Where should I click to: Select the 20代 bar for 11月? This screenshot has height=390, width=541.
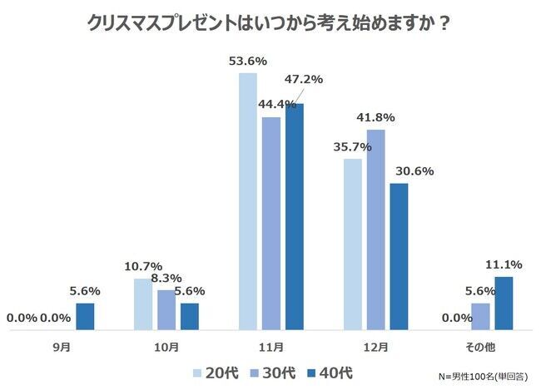pyautogui.click(x=248, y=200)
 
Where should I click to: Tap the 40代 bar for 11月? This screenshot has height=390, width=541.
pyautogui.click(x=294, y=216)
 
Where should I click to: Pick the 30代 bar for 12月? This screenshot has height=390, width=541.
pyautogui.click(x=375, y=229)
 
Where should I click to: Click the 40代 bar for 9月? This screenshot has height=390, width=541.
pyautogui.click(x=85, y=316)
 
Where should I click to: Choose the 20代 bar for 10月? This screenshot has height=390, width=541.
pyautogui.click(x=143, y=304)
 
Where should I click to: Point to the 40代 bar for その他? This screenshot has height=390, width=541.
pyautogui.click(x=504, y=303)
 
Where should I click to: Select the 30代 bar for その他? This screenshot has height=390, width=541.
pyautogui.click(x=480, y=316)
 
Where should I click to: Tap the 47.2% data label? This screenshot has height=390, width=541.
pyautogui.click(x=305, y=80)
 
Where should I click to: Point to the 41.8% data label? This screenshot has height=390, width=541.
pyautogui.click(x=375, y=117)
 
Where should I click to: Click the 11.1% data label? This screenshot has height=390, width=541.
pyautogui.click(x=504, y=264)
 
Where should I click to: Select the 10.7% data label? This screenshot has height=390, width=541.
pyautogui.click(x=142, y=267)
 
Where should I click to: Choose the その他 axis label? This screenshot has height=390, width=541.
pyautogui.click(x=480, y=345)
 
